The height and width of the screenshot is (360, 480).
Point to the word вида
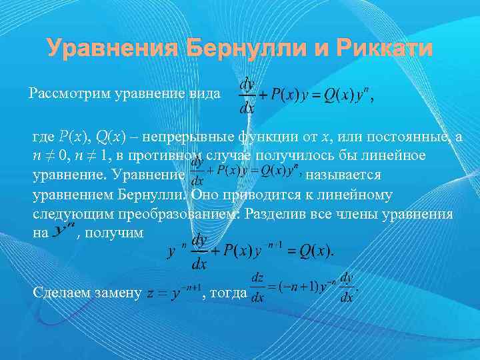click(x=205, y=93)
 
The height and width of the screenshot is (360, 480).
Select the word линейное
click(x=391, y=156)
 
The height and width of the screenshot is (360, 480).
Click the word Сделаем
click(x=61, y=292)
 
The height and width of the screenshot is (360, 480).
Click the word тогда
click(x=227, y=292)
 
